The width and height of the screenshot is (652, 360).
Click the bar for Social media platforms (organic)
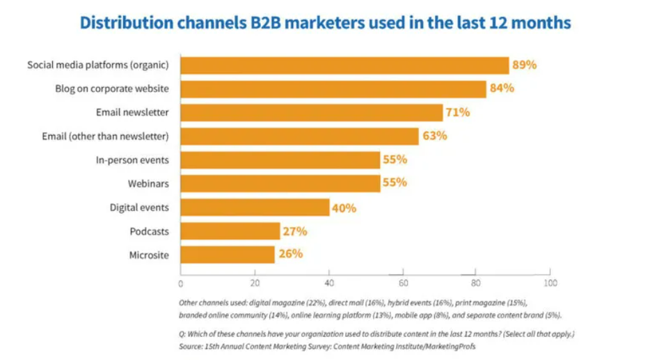344,65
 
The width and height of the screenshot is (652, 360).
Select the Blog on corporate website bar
333,89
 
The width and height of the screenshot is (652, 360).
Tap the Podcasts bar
230,231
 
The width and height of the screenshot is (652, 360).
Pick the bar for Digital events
255,208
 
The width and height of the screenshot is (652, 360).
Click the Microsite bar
228,255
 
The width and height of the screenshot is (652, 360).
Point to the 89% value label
525,65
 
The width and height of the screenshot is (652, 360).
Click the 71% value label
458,112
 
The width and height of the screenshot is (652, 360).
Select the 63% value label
434,136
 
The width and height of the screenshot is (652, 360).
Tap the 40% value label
344,208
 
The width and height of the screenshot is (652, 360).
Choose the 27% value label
295,231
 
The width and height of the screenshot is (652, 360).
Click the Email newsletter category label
132,112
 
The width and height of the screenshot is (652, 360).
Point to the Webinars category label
148,184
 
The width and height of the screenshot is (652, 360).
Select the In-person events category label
132,160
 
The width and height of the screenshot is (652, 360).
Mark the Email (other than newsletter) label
105,136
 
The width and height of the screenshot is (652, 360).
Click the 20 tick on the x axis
255,283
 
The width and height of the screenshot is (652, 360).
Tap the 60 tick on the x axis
403,283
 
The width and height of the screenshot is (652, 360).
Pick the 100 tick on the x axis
550,283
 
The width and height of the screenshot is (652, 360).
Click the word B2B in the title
257,23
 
